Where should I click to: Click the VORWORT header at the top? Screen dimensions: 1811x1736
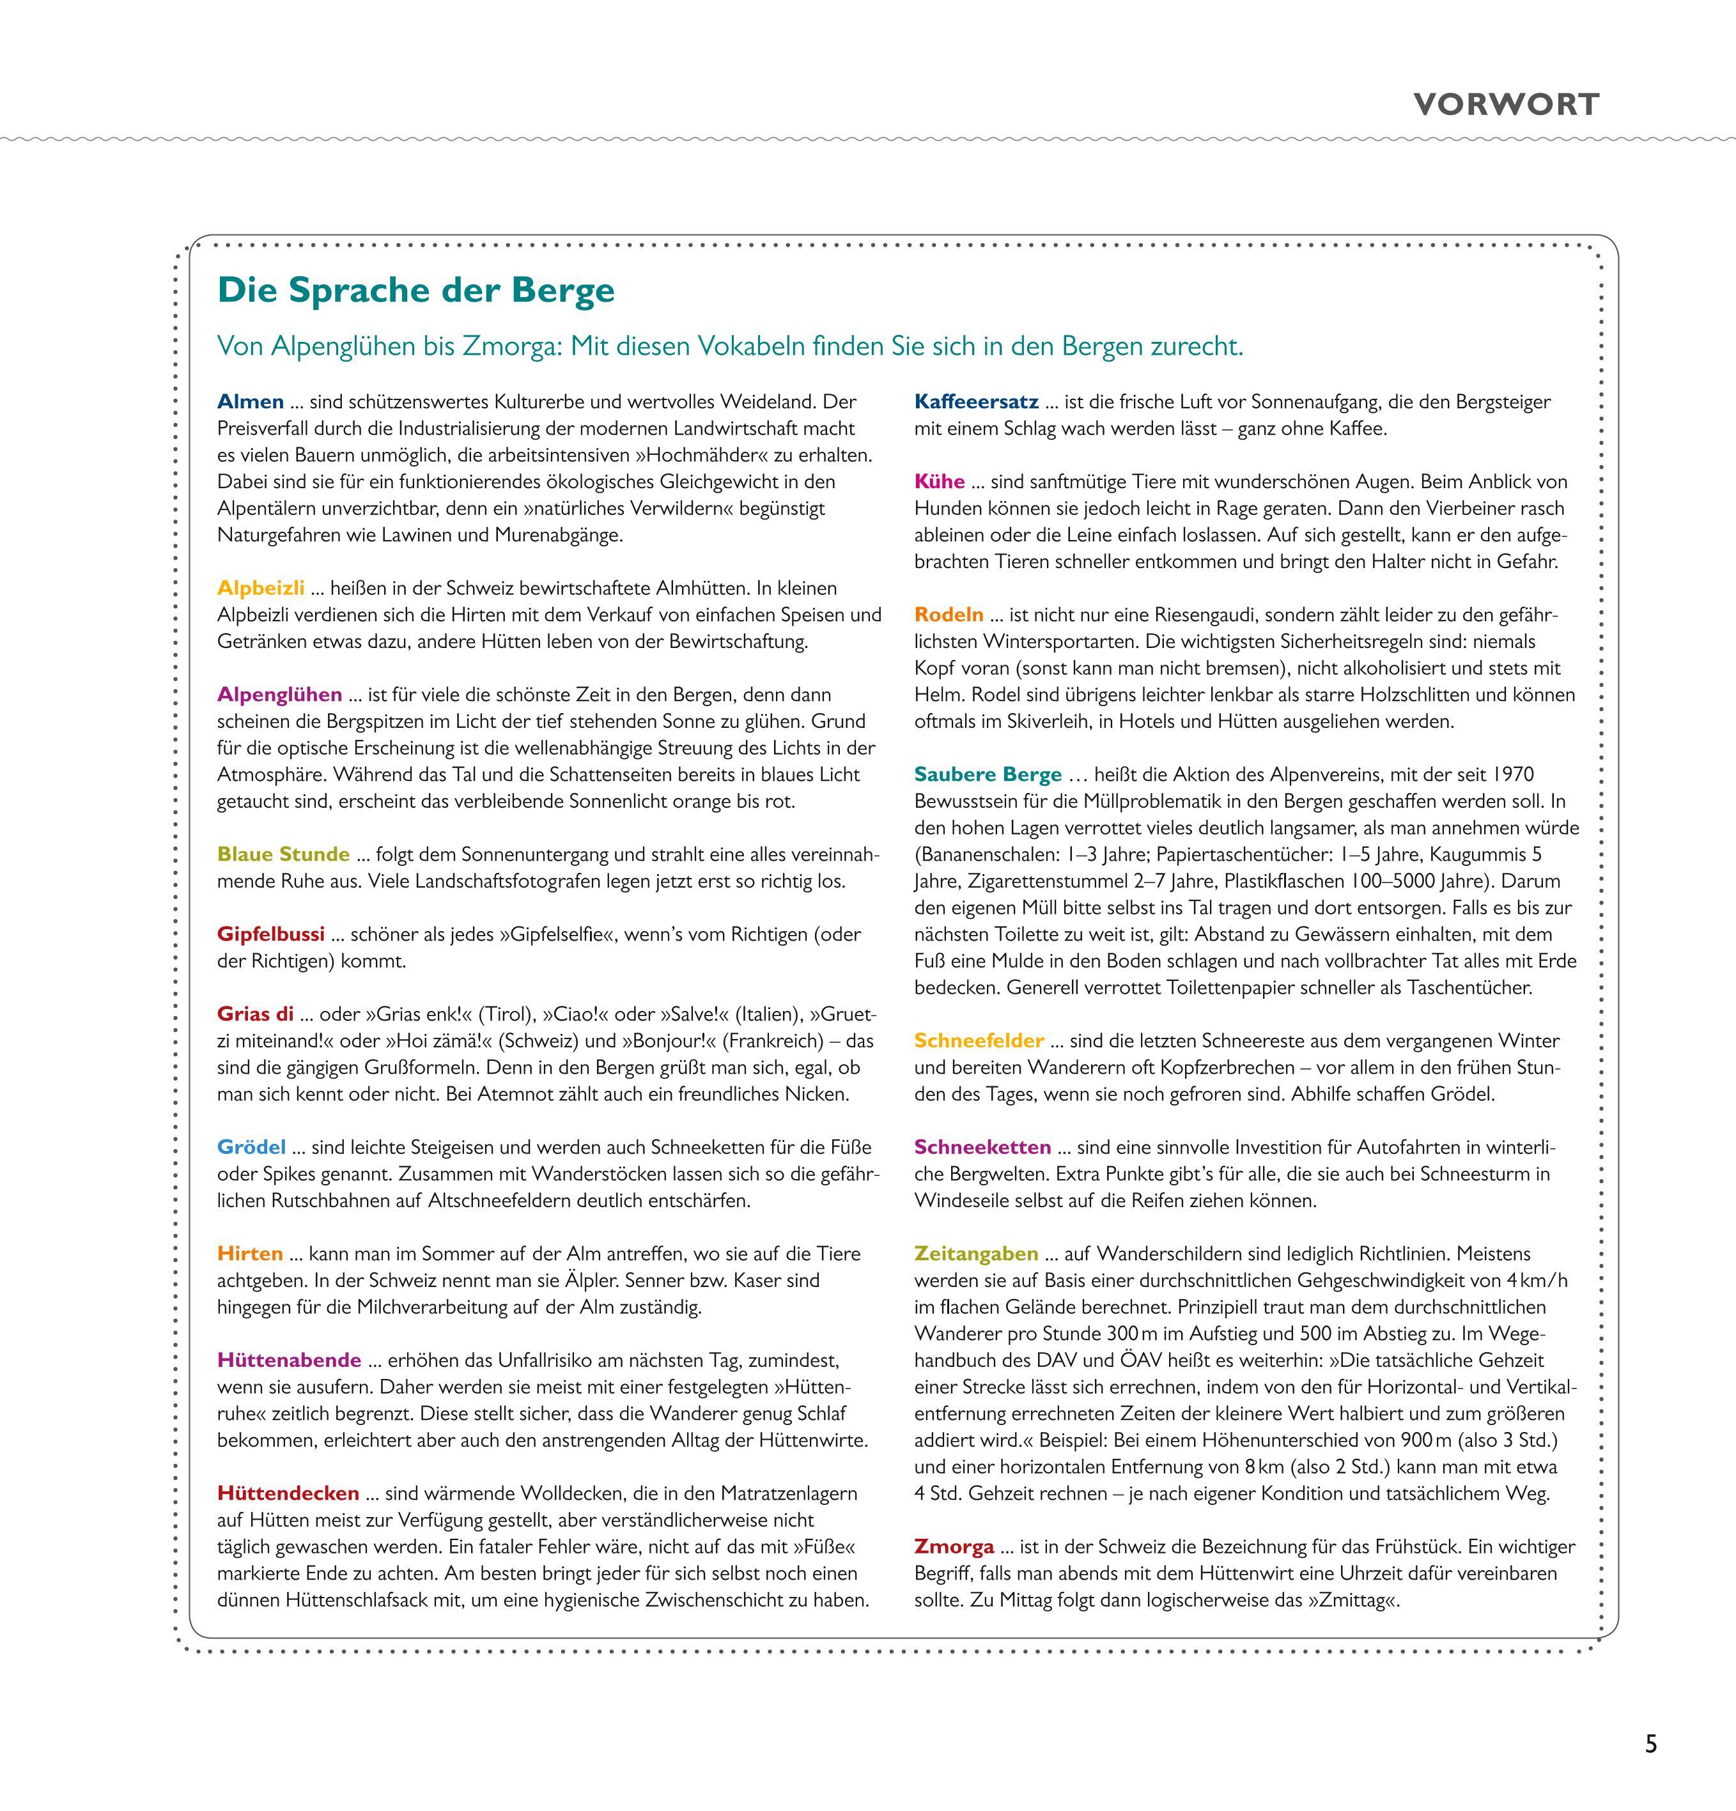point(1506,104)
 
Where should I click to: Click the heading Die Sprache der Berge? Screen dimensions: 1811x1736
point(416,290)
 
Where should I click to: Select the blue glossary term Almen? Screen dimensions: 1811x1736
point(251,402)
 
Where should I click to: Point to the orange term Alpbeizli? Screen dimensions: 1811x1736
point(261,589)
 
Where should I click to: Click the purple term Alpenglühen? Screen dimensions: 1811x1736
point(279,695)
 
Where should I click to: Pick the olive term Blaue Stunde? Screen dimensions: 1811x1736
point(284,854)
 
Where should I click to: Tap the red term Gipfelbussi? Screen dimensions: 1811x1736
point(271,934)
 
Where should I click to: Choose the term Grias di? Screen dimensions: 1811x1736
point(255,1015)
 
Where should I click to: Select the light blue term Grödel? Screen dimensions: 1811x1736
point(251,1148)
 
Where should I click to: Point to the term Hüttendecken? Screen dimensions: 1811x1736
point(288,1493)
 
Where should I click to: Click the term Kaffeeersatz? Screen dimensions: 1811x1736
point(976,402)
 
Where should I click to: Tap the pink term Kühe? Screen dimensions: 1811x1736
point(939,481)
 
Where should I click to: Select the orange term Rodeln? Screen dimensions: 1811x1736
point(949,615)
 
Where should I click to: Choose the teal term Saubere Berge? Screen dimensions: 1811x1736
point(988,774)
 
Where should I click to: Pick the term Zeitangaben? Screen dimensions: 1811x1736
point(976,1254)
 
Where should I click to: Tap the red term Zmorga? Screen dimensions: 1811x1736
point(954,1546)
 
